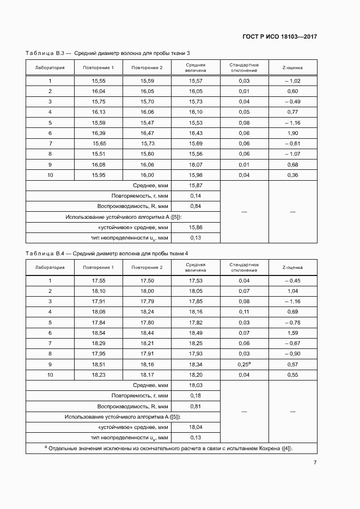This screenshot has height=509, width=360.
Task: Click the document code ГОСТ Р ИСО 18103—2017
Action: coord(279,37)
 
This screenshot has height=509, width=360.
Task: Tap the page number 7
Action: coord(315,462)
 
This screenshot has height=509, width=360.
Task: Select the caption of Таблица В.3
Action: coord(107,53)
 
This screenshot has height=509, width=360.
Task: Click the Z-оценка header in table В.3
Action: coord(292,68)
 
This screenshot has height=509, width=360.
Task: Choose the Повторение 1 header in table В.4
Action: coord(99,267)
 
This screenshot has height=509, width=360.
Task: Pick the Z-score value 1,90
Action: coord(292,133)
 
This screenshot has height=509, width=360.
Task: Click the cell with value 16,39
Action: coord(99,133)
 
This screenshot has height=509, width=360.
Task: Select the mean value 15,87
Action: coord(196,186)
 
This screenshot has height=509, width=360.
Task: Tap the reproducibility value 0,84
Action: coord(196,206)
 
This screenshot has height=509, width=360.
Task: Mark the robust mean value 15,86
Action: coord(196,227)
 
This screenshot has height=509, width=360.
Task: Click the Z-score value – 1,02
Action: coord(292,81)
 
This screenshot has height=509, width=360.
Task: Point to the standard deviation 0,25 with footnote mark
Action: coord(244,364)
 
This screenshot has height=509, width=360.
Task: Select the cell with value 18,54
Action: coord(99,333)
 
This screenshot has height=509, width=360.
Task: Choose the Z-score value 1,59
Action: coord(292,333)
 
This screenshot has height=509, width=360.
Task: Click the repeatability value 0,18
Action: coord(196,396)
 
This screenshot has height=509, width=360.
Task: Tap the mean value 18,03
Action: coord(196,385)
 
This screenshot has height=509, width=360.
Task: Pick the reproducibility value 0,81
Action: coord(196,406)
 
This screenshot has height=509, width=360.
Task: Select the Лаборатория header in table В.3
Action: coord(50,68)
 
